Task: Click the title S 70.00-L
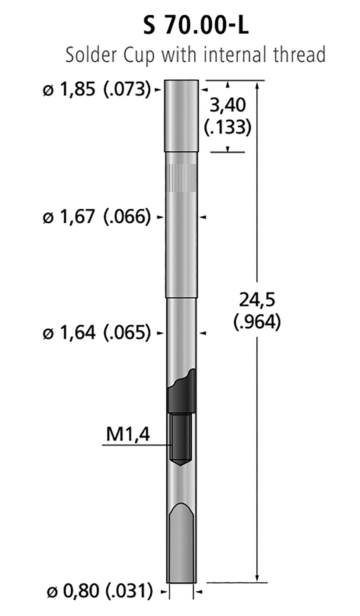196,26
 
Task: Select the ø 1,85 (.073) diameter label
97,89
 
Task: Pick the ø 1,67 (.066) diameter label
97,217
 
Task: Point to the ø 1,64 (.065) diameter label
97,333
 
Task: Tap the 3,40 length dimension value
228,105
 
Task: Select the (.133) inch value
228,127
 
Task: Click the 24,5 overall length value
257,300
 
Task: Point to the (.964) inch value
257,322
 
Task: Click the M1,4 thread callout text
128,434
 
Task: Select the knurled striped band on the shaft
182,178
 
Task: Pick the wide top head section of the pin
181,115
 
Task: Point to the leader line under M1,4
135,445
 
